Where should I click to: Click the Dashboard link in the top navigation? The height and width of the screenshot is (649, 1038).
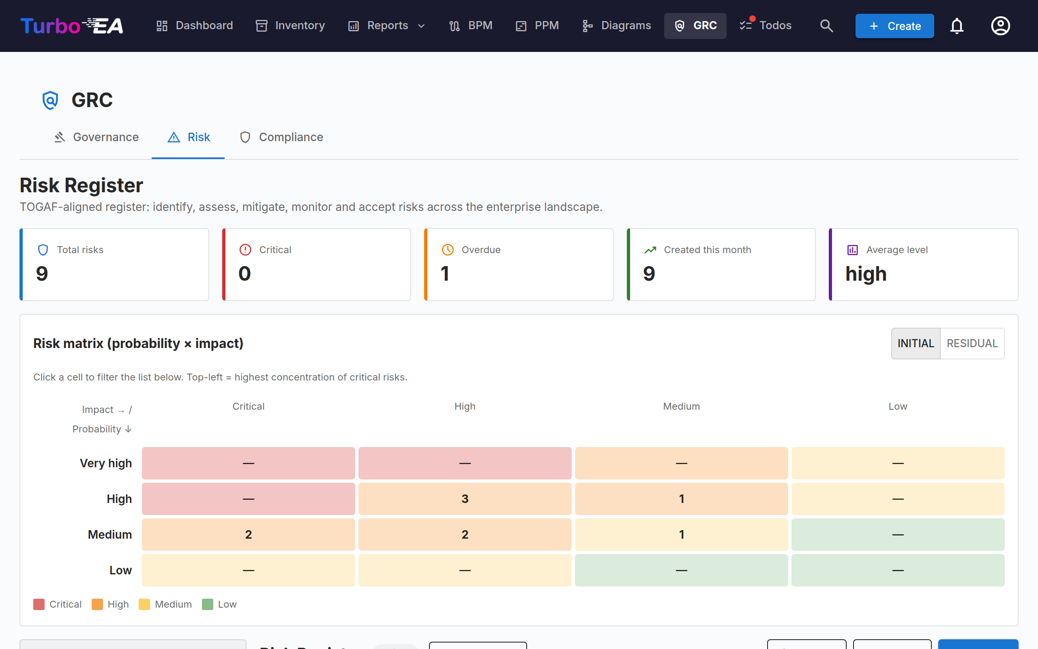tap(194, 26)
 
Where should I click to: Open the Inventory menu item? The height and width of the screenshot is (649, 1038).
tap(290, 26)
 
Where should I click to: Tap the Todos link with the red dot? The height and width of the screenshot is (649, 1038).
tap(766, 26)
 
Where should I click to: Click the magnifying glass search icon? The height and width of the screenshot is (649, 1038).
tap(826, 26)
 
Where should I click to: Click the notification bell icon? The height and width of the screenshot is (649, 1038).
tap(957, 26)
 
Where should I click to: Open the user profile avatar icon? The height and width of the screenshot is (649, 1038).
tap(1000, 26)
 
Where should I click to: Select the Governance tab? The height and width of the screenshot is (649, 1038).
tap(96, 137)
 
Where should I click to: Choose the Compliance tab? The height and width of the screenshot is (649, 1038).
tap(281, 137)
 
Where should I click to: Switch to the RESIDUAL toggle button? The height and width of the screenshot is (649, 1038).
tap(972, 344)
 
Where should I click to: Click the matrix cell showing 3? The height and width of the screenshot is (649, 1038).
tap(465, 499)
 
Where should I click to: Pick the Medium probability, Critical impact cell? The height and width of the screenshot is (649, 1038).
tap(248, 534)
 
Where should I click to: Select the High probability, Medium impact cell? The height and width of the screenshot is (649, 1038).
tap(681, 499)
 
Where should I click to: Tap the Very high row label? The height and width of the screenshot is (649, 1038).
tap(105, 463)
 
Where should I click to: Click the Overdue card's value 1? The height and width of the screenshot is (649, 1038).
tap(445, 274)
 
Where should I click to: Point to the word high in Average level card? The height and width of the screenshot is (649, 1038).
tap(866, 274)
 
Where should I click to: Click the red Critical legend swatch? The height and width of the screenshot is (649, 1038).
tap(39, 604)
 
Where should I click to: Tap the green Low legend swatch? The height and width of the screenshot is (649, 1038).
tap(208, 604)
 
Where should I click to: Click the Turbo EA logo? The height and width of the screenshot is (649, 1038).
tap(72, 26)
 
